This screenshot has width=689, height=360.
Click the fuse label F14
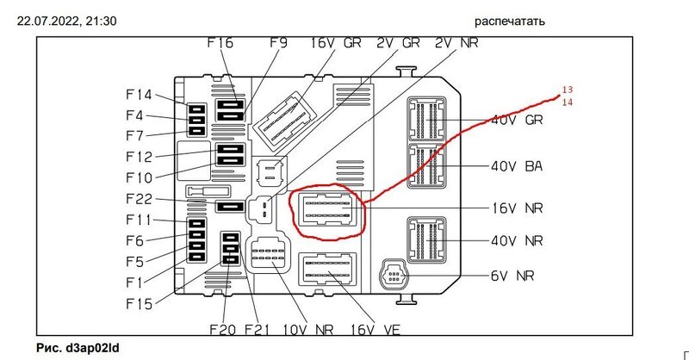[x=138, y=95]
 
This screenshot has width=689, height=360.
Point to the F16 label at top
[x=220, y=43]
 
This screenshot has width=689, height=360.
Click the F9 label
[x=277, y=43]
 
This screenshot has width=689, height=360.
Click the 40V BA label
[x=517, y=166]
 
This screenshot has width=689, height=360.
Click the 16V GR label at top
[x=336, y=43]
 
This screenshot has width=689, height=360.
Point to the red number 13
[x=568, y=90]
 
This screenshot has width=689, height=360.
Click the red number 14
[x=568, y=102]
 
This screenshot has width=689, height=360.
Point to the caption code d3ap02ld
[x=90, y=348]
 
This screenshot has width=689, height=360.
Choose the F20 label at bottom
[x=222, y=329]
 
